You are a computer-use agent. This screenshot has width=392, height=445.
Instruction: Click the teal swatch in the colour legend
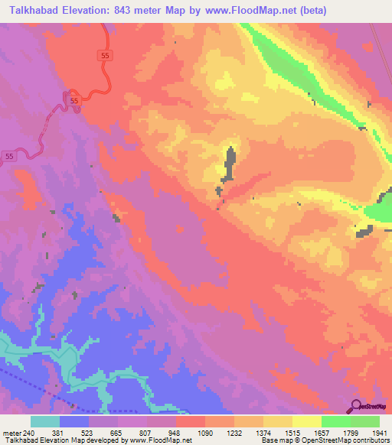click(44, 421)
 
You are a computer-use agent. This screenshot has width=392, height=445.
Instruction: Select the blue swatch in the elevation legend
click(73, 421)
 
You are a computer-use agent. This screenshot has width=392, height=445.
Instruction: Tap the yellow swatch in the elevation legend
click(306, 421)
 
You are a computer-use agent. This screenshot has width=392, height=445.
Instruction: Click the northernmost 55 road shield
click(105, 55)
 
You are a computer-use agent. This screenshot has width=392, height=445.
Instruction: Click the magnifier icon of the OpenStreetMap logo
click(356, 405)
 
